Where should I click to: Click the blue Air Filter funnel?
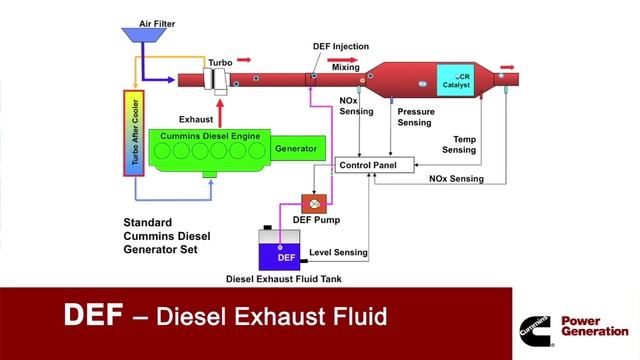click(144, 35)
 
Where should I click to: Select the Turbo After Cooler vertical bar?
click(134, 133)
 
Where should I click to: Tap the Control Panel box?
click(375, 165)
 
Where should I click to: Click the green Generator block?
click(298, 148)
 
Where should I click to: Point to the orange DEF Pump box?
click(314, 204)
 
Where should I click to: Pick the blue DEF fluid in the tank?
click(280, 257)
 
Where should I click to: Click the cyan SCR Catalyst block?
click(456, 80)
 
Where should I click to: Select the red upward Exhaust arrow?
click(220, 114)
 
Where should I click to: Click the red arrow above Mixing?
click(342, 60)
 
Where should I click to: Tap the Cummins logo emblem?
click(536, 331)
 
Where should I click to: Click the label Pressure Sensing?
click(416, 117)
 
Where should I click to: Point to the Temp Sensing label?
click(459, 144)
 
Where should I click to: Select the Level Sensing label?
click(338, 252)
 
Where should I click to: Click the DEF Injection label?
click(341, 47)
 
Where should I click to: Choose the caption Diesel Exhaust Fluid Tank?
click(284, 279)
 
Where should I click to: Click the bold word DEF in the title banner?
click(93, 315)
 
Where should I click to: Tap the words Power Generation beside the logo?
click(595, 326)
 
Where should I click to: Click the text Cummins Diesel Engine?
click(210, 136)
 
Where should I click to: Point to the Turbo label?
click(220, 63)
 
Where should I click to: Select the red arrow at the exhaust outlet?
click(507, 67)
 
